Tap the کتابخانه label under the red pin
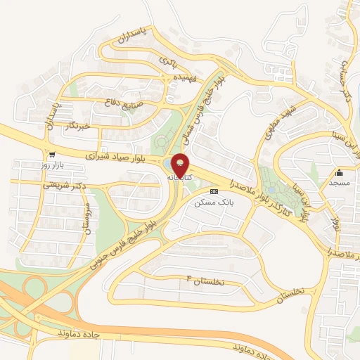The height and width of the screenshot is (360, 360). coord(180,179)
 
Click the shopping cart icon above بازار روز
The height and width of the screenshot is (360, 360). coord(51,154)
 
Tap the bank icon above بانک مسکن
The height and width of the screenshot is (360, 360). coord(214,191)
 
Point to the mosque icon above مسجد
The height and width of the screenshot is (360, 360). coord(339,173)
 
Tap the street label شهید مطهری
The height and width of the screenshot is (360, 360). coord(277,120)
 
